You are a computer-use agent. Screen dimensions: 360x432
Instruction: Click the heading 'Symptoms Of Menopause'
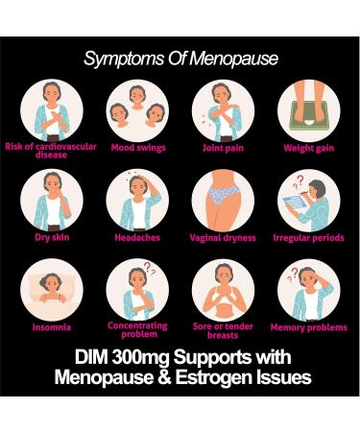pyautogui.click(x=180, y=59)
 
